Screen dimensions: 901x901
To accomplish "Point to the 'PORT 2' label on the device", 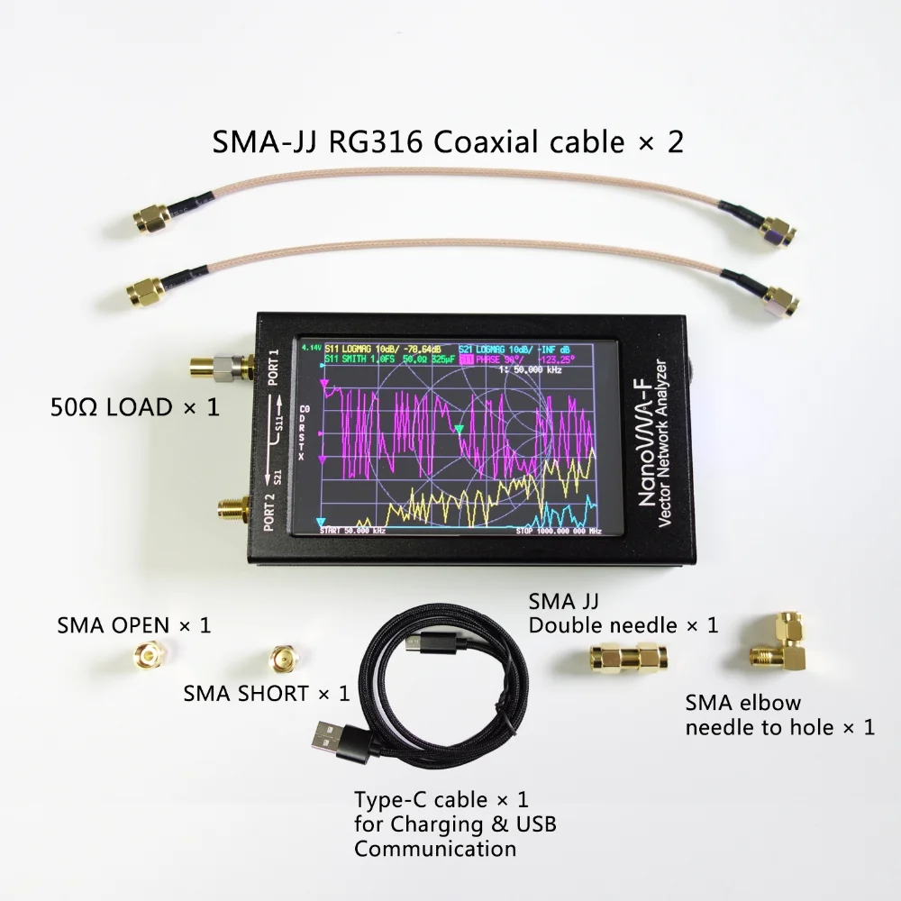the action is point(270,512).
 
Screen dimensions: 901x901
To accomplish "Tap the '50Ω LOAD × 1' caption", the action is point(134,407).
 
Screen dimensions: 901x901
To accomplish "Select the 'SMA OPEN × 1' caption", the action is point(134,624).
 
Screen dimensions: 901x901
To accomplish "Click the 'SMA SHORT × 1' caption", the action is point(266,694).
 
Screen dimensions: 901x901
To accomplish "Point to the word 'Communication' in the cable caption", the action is point(435,848).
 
